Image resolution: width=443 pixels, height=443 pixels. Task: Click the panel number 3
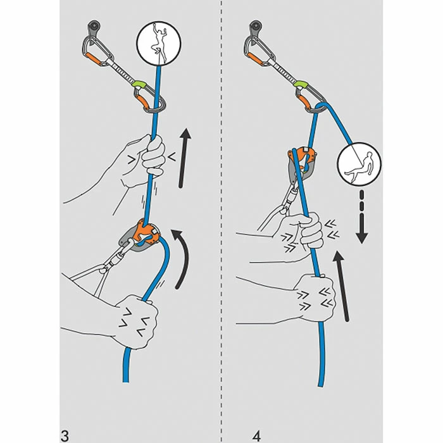point(65,418)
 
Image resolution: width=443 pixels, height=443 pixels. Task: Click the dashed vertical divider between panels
point(221,221)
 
